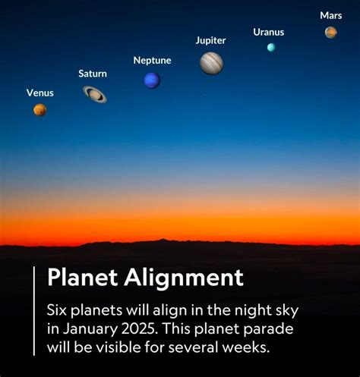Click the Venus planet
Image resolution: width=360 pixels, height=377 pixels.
click(39, 110)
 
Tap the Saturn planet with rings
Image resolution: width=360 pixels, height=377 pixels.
click(95, 93)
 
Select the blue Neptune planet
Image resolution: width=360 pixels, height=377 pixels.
click(152, 80)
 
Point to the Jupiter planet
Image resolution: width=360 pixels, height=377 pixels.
click(211, 63)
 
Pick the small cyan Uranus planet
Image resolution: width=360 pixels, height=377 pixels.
click(270, 47)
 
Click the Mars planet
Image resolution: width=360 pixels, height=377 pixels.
click(330, 32)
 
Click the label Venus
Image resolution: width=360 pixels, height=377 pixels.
click(40, 93)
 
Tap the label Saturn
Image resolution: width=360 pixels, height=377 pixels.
click(93, 74)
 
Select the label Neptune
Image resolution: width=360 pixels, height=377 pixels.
click(152, 60)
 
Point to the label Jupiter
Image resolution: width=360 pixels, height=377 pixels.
click(210, 40)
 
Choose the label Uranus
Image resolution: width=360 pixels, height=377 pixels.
click(268, 32)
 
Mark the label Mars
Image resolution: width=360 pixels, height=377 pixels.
click(330, 15)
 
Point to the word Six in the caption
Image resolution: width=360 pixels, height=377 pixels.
click(58, 311)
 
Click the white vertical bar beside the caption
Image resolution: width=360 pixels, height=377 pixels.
click(34, 310)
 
